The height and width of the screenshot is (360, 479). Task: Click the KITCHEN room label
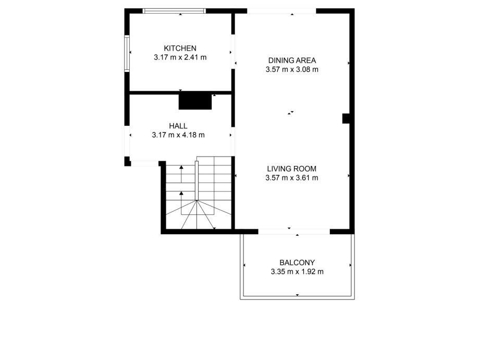[x=180, y=49]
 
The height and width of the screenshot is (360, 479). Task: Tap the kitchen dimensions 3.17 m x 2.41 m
[x=180, y=57]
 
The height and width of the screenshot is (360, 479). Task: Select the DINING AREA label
[x=292, y=60]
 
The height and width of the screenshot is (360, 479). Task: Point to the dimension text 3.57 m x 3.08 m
[x=292, y=69]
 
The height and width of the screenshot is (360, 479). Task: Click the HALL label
[x=178, y=126]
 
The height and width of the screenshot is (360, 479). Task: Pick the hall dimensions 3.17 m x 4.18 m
[x=178, y=135]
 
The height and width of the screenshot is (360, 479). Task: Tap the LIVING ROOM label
[x=292, y=169]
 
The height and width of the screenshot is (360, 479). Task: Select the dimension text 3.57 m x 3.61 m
[x=292, y=178]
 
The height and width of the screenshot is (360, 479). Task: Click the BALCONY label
[x=297, y=262]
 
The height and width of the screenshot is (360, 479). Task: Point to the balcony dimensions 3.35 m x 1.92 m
[x=297, y=272]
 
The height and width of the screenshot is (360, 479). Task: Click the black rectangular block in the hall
[x=195, y=102]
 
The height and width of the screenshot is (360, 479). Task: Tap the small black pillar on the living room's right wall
[x=346, y=118]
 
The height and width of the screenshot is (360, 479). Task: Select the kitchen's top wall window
[x=174, y=11]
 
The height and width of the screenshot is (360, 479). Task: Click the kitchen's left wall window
[x=127, y=54]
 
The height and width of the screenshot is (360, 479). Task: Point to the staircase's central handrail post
[x=196, y=181]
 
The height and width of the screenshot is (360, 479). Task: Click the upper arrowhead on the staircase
[x=181, y=167]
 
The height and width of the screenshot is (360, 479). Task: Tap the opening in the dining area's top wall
[x=281, y=11]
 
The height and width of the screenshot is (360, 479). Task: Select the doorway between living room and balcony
[x=294, y=232]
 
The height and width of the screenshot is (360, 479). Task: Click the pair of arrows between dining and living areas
[x=290, y=113]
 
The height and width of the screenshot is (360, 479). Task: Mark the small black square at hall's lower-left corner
[x=127, y=161]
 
